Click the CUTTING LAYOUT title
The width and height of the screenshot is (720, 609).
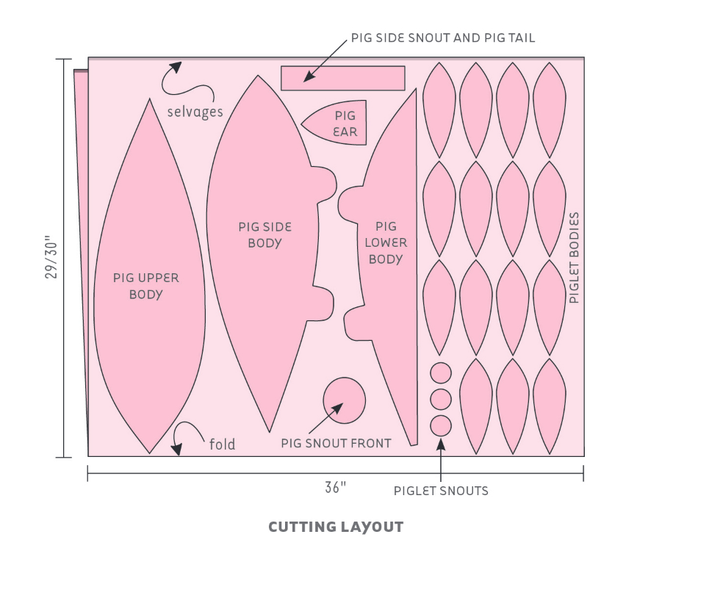pyautogui.click(x=336, y=527)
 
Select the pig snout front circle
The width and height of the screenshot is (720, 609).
pyautogui.click(x=344, y=400)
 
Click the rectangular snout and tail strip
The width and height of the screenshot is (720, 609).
pyautogui.click(x=343, y=79)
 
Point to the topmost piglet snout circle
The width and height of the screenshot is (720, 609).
pyautogui.click(x=440, y=373)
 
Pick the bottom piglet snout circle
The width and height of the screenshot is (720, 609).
pyautogui.click(x=440, y=425)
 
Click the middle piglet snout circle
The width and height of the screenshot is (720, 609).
pyautogui.click(x=440, y=400)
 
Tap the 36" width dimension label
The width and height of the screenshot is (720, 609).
pyautogui.click(x=335, y=488)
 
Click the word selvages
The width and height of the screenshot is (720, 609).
pyautogui.click(x=195, y=112)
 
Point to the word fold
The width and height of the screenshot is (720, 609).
pyautogui.click(x=222, y=444)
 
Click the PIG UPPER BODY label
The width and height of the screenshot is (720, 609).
pyautogui.click(x=146, y=286)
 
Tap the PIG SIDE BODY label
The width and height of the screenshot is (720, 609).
pyautogui.click(x=264, y=235)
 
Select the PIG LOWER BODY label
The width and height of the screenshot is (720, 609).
pyautogui.click(x=386, y=242)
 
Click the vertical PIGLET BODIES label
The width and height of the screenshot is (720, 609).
pyautogui.click(x=575, y=258)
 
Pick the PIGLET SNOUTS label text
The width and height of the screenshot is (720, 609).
pyautogui.click(x=441, y=491)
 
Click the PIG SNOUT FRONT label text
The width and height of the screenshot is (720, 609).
pyautogui.click(x=336, y=443)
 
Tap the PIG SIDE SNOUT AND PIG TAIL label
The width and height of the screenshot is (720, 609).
pyautogui.click(x=442, y=37)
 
